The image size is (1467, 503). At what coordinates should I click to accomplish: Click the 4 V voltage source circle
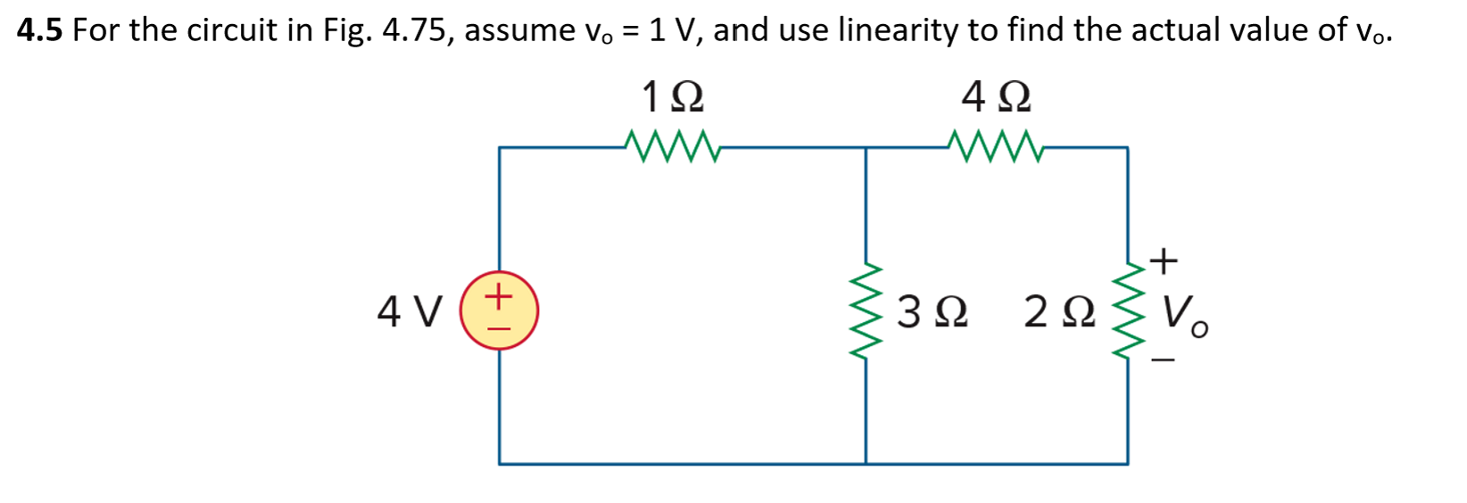pos(499,310)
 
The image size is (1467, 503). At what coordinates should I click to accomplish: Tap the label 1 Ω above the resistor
pos(672,96)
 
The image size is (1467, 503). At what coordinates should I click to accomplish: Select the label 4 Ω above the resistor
pos(996,96)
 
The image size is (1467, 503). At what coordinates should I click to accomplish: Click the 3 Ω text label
pos(932,312)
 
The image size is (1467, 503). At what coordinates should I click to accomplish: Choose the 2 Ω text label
pos(1059,312)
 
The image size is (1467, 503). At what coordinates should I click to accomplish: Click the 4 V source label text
pos(410,312)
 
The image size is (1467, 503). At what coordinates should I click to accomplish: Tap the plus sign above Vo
pos(1163,261)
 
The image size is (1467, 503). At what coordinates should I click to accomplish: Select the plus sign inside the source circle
pos(500,293)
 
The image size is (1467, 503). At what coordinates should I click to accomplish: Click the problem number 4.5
pos(39,31)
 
